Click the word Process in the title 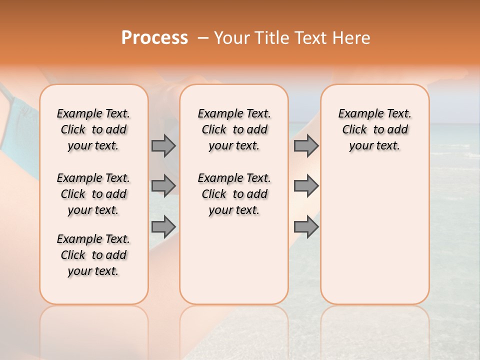(x=154, y=38)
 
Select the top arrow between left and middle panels (x=163, y=145)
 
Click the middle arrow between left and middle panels (x=163, y=186)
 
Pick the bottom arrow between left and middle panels (x=163, y=226)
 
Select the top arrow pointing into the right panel (x=306, y=145)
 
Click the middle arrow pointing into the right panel (x=306, y=186)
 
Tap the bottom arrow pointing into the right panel (x=306, y=226)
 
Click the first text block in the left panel (x=93, y=129)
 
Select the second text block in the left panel (x=93, y=194)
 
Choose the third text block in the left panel (x=93, y=255)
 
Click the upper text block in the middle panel (x=234, y=129)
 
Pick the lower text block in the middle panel (x=234, y=194)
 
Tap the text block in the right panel (x=374, y=129)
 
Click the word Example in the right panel (x=357, y=114)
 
